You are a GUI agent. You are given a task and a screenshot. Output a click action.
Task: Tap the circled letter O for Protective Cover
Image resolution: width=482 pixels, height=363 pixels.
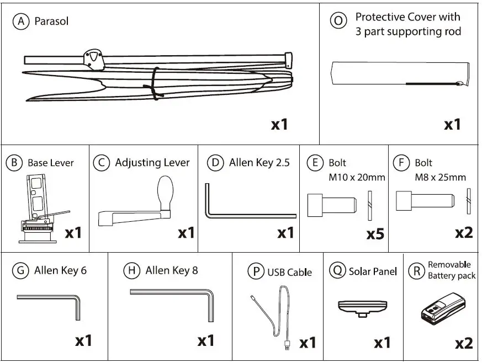338,22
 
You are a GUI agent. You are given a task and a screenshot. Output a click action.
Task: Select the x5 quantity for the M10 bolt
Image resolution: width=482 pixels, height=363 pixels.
375,234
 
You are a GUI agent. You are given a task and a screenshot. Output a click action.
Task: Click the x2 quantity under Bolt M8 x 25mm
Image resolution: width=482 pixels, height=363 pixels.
464,232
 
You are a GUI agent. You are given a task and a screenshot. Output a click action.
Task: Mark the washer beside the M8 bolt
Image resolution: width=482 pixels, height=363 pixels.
469,201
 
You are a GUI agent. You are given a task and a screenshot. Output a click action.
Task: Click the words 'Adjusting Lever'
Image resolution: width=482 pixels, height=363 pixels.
152,163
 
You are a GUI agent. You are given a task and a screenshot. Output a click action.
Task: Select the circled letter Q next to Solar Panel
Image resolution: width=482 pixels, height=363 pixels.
337,271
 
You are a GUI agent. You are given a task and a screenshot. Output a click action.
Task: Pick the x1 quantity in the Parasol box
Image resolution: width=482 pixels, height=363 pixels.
280,125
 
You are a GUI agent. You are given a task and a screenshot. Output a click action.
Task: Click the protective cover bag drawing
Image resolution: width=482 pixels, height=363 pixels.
400,74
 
